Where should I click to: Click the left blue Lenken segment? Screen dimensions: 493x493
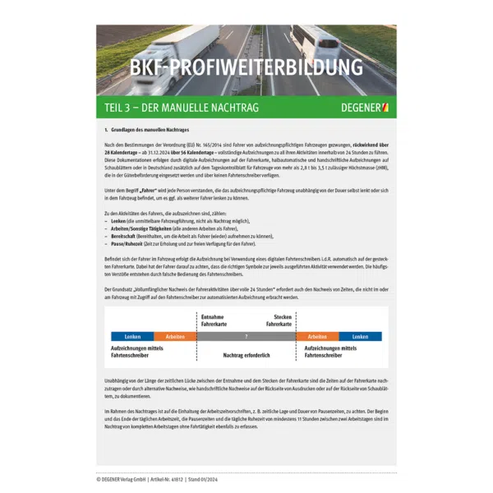(x=132, y=336)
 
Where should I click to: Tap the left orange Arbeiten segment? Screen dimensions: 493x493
(x=175, y=336)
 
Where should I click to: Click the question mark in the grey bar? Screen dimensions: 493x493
(x=246, y=336)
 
